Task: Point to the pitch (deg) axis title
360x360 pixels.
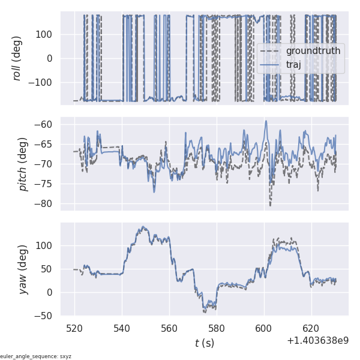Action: tap(23, 163)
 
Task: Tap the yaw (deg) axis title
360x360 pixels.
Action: tap(23, 269)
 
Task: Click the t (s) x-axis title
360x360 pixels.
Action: tap(204, 343)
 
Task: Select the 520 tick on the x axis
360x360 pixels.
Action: tap(74, 329)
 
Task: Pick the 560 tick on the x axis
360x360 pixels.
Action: tap(169, 329)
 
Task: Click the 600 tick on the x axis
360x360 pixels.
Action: tap(264, 329)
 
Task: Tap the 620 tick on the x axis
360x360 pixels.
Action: tap(311, 329)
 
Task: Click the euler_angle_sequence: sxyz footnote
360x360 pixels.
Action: tap(36, 356)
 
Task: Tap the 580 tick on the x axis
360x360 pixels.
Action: tap(217, 329)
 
